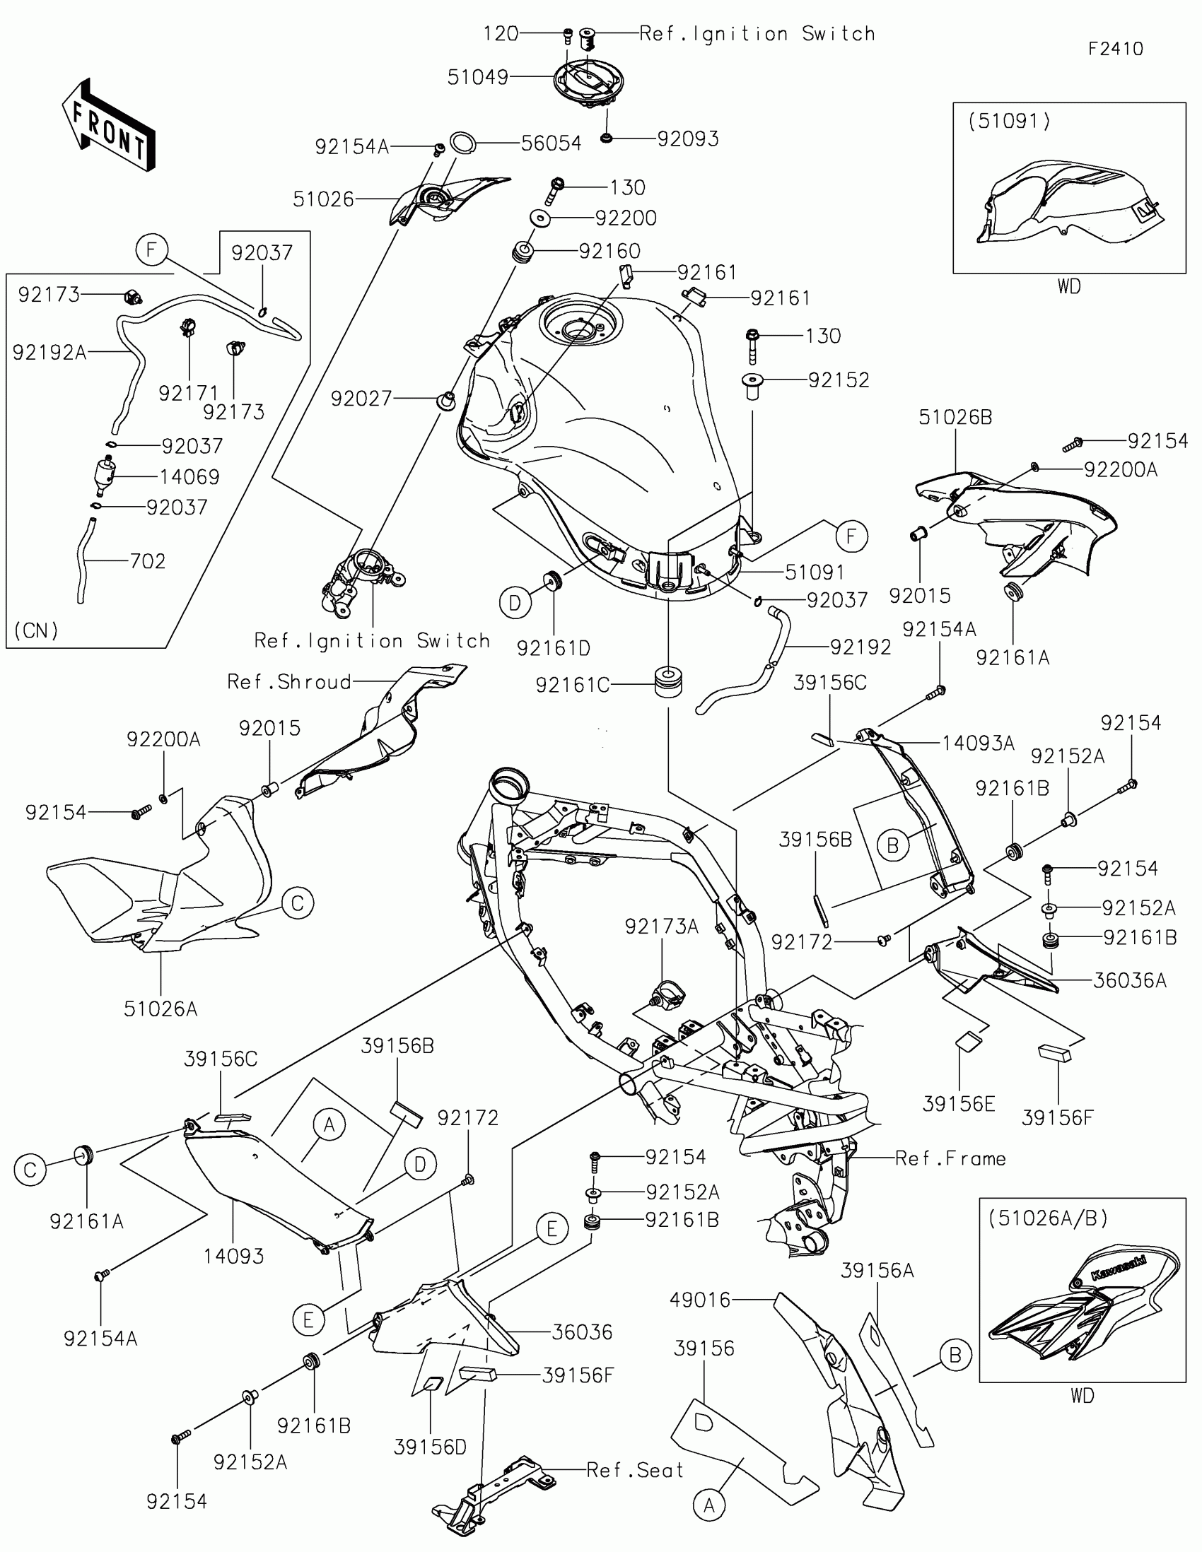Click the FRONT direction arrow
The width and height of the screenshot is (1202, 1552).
(108, 125)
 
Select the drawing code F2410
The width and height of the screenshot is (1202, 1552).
(1115, 49)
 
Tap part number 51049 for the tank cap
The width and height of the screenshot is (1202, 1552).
(478, 78)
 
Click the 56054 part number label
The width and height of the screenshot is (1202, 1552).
(551, 143)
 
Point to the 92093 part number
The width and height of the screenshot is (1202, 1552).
(687, 139)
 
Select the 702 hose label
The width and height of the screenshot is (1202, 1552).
(147, 561)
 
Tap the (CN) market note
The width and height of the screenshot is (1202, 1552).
(36, 630)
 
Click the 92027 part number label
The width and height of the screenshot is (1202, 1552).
(361, 399)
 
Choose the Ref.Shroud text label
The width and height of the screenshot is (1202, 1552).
(289, 682)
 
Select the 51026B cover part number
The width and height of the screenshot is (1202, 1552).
(955, 417)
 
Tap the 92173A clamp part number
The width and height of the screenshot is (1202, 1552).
(661, 927)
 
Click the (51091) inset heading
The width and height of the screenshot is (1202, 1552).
(1009, 121)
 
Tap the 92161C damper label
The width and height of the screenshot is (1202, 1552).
(573, 685)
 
